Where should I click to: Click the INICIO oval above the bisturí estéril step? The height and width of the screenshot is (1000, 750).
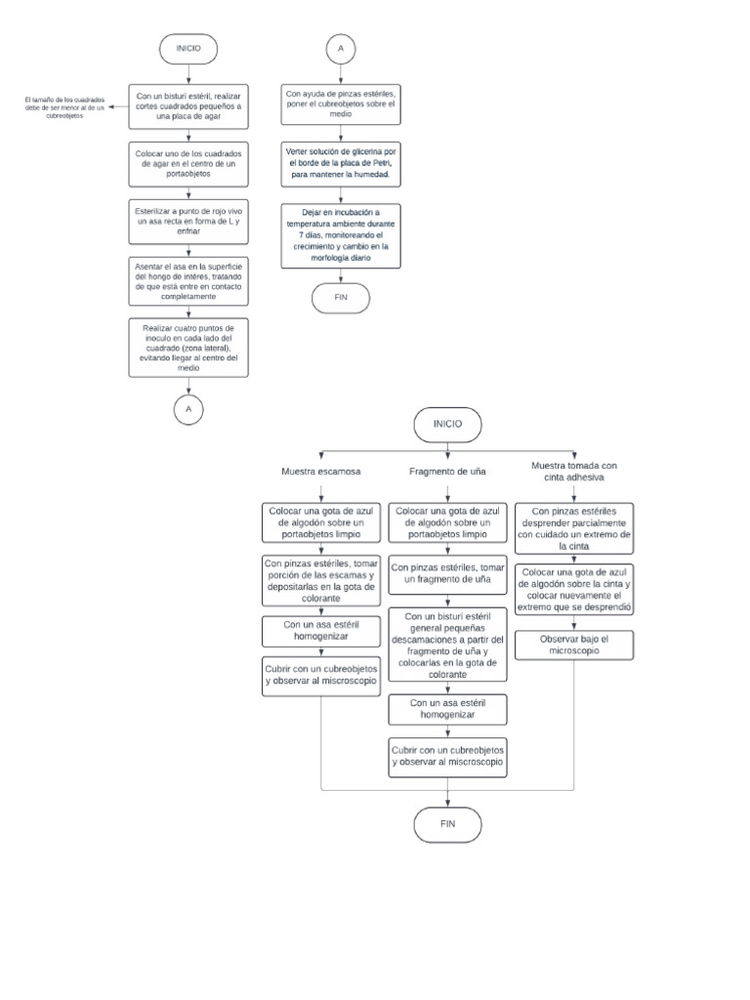188,48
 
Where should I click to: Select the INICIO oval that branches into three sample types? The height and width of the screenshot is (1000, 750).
447,425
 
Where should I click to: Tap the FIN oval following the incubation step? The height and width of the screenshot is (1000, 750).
341,297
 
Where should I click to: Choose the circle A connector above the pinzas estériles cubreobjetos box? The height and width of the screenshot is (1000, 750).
341,48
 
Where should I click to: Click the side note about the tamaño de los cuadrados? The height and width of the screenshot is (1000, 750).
65,105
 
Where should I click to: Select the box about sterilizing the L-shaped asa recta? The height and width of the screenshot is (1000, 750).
188,221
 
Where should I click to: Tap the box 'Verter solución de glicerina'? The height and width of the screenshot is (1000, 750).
341,162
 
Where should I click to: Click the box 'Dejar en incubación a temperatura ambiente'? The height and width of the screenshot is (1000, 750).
341,234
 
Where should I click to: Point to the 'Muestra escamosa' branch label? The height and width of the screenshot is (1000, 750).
320,472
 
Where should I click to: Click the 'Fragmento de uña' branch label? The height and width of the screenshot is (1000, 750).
447,472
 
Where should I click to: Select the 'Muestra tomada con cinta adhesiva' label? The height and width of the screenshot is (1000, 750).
573,472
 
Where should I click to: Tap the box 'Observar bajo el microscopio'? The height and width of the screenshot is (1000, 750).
573,644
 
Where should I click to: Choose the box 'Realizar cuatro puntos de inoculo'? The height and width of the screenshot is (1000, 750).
188,346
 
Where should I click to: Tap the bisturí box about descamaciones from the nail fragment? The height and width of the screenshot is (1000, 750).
447,645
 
